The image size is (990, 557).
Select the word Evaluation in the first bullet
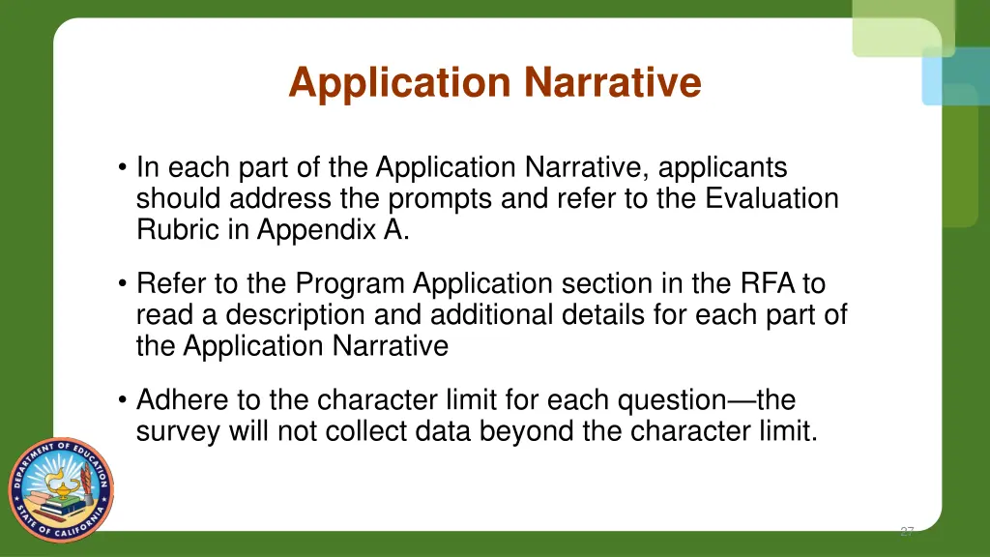772,199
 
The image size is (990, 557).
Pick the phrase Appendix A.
334,230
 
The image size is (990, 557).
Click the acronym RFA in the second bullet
768,284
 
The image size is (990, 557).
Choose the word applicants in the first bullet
723,168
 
